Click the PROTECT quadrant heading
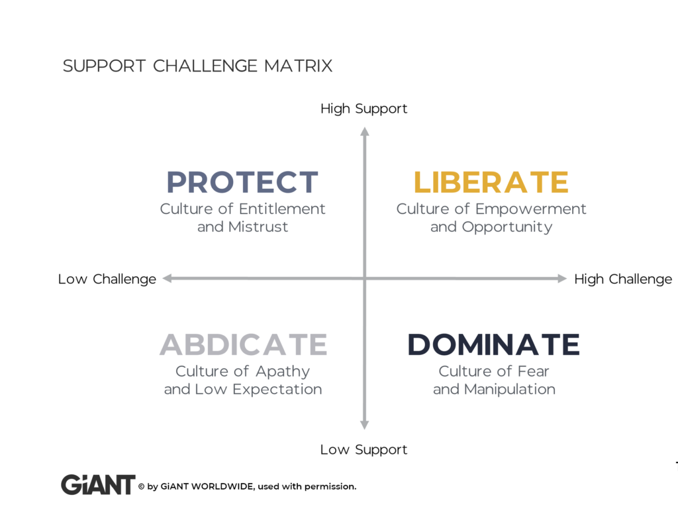(242, 182)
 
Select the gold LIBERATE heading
(491, 182)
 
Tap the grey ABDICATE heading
(244, 344)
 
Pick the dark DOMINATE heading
(493, 344)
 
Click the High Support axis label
(363, 109)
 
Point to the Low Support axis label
(363, 450)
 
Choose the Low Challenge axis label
(107, 279)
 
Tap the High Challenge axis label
(623, 279)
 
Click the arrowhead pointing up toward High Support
(365, 132)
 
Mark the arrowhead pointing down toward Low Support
(365, 425)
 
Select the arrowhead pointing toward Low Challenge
(168, 279)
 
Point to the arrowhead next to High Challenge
(561, 279)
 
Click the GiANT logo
(98, 485)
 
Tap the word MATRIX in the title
(298, 66)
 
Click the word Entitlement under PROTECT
(282, 209)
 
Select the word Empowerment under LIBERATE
(531, 209)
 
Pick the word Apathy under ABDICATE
(282, 372)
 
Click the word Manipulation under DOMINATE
(510, 390)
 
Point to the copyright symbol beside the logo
(142, 487)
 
